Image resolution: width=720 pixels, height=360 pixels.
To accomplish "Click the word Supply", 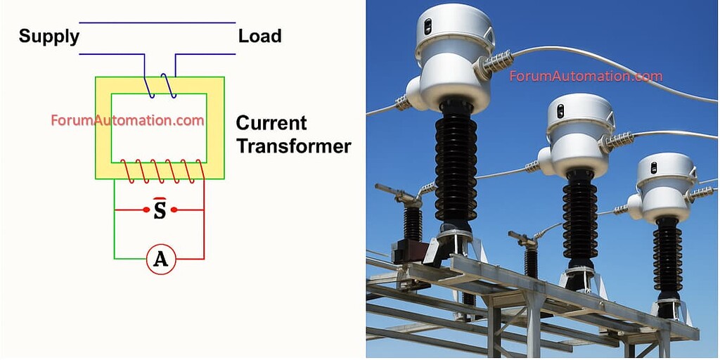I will tap(49, 37).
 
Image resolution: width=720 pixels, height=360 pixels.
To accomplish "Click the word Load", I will tap(259, 37).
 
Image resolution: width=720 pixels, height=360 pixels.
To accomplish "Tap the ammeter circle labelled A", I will tap(161, 259).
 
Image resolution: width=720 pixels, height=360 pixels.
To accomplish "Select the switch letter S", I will tap(160, 210).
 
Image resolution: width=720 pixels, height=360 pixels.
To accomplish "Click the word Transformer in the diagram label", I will tap(293, 146).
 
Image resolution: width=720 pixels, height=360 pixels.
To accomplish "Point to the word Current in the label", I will tap(271, 123).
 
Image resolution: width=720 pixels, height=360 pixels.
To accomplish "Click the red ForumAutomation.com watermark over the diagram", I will tap(127, 120).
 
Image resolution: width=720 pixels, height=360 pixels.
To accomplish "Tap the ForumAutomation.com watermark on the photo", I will tap(586, 76).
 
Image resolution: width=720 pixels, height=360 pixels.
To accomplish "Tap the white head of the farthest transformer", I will tap(665, 184).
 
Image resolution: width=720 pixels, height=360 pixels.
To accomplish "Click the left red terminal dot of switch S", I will tap(146, 210).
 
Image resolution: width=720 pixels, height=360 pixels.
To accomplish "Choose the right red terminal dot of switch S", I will tap(174, 210).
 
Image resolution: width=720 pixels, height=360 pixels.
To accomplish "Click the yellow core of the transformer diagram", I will tap(103, 127).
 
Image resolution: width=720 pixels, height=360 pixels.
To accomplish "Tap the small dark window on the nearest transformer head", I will tap(427, 27).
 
